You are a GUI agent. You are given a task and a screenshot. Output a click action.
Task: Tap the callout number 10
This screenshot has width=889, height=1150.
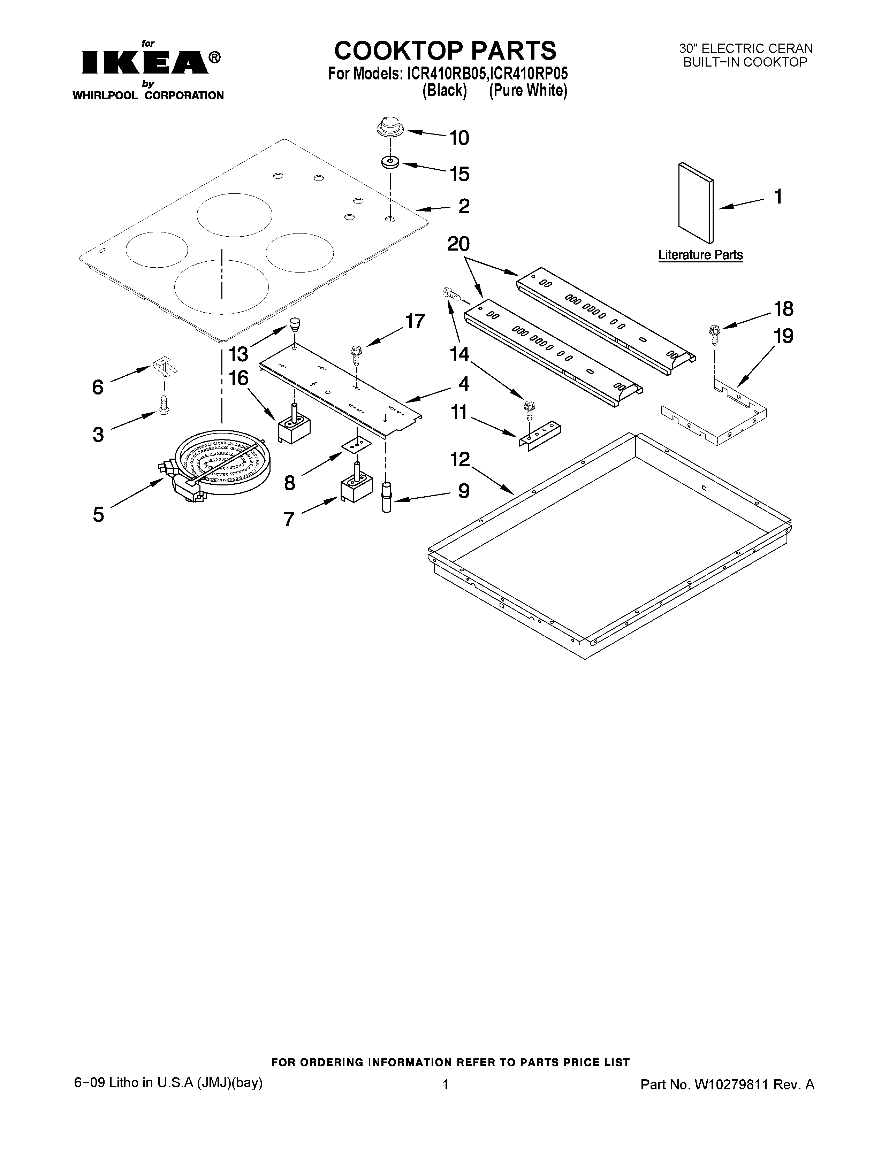(459, 138)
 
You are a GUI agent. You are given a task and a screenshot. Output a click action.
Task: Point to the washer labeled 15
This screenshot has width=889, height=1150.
(390, 162)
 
